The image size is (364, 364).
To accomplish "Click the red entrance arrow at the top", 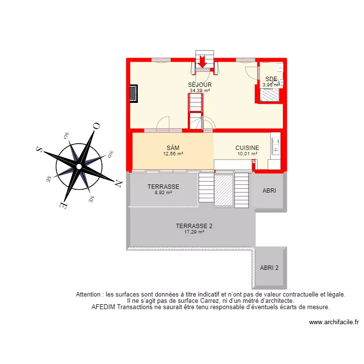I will click(x=202, y=62).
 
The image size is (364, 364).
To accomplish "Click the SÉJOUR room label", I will click(x=200, y=84).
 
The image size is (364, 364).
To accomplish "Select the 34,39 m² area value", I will click(x=200, y=90).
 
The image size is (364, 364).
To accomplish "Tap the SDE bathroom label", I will click(x=271, y=79).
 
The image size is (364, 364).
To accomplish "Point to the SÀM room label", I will click(x=173, y=148).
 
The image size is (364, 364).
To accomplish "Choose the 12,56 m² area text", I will click(x=173, y=154).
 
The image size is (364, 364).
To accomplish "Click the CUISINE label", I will click(x=247, y=148).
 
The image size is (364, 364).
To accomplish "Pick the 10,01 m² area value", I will click(x=247, y=154).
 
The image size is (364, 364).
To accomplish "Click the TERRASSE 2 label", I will click(x=194, y=226).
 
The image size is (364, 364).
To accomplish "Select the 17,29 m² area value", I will click(x=194, y=232).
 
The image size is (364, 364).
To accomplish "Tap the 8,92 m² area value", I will click(x=164, y=192).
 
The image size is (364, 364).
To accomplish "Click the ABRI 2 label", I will click(x=269, y=267).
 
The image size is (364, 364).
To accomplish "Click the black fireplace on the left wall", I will click(x=133, y=93).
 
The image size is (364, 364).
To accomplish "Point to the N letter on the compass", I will click(x=118, y=183).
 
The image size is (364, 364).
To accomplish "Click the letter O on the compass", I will click(x=97, y=126).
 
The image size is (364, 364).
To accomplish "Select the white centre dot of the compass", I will click(x=79, y=166).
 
